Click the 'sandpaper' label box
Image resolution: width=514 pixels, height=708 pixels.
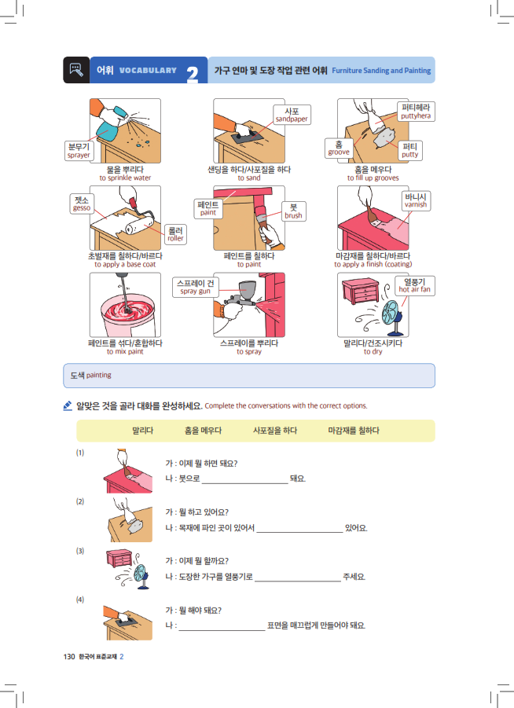[292, 115]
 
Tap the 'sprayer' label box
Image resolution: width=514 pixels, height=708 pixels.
[79, 150]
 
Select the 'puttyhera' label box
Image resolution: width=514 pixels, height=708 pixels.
[416, 112]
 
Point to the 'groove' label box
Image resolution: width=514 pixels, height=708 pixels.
[339, 148]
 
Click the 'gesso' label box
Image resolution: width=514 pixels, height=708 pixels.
[81, 204]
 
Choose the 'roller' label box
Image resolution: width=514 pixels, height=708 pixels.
[175, 234]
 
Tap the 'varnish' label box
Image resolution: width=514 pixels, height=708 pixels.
[416, 200]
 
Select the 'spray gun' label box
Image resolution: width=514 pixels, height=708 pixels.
[195, 287]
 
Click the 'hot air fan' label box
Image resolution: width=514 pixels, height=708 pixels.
[415, 286]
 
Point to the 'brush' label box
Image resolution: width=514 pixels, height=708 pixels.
[294, 211]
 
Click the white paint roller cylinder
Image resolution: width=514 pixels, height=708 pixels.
[139, 226]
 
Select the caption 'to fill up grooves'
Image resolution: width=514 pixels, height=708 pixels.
[373, 178]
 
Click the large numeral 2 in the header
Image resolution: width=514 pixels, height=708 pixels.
[193, 74]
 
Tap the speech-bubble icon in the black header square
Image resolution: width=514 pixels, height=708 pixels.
[76, 69]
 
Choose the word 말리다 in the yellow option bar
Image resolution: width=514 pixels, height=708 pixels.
[143, 431]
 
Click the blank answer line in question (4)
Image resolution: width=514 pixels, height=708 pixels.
[222, 630]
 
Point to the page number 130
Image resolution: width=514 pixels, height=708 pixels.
[69, 656]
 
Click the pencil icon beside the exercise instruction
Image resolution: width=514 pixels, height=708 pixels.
[68, 406]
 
